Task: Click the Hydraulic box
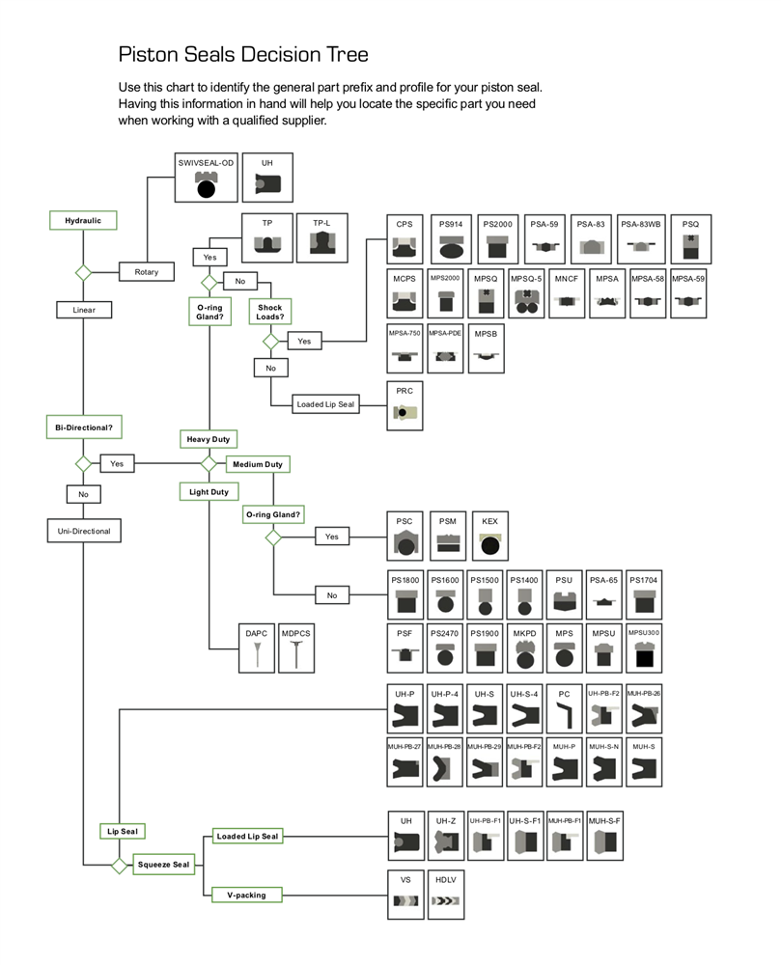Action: [83, 220]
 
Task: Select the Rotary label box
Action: [146, 272]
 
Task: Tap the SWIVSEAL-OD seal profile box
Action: [206, 177]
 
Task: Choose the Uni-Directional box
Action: [84, 531]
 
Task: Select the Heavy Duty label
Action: [209, 439]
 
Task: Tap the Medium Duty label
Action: [258, 464]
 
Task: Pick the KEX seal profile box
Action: [490, 536]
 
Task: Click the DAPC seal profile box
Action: [256, 648]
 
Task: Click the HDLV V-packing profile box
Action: [444, 894]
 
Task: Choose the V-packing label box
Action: [246, 895]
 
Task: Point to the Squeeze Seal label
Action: [162, 864]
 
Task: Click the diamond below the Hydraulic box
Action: [83, 272]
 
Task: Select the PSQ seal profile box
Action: [690, 239]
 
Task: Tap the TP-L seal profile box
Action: [321, 236]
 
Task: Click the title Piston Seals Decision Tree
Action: [242, 53]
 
